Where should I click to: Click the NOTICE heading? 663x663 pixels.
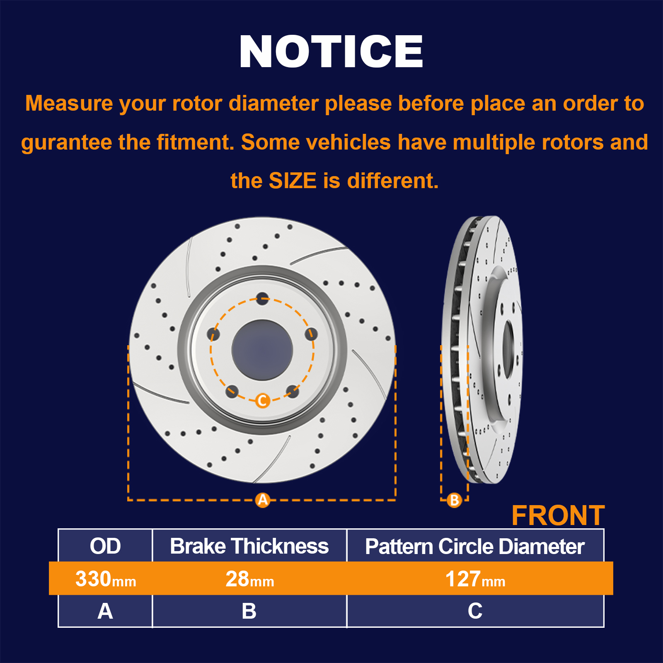tap(331, 51)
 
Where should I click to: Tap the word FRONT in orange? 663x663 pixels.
tap(558, 515)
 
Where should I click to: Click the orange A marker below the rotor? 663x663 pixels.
tap(263, 500)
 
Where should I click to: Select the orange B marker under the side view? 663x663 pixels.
tap(454, 500)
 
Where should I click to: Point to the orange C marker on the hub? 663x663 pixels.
tap(263, 401)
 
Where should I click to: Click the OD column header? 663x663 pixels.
tap(105, 546)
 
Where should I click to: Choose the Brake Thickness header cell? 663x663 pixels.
tap(249, 546)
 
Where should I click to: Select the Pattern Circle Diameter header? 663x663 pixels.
tap(475, 546)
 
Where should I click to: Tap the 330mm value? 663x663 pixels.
tap(106, 579)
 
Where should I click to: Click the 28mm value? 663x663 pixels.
tap(250, 579)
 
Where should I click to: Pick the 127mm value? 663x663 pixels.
tap(475, 579)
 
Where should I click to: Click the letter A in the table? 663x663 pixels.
tap(105, 611)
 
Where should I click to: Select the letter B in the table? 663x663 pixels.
tap(249, 611)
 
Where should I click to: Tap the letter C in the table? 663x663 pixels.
tap(475, 611)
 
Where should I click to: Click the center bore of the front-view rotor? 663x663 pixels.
tap(262, 350)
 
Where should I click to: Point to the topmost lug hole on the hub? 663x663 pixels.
tap(262, 298)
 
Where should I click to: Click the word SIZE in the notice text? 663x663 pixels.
tap(293, 181)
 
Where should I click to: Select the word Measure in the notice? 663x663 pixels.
tap(69, 103)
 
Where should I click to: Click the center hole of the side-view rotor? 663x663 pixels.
tap(508, 349)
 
